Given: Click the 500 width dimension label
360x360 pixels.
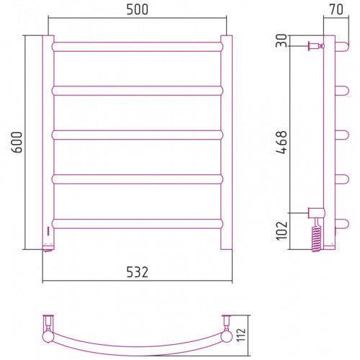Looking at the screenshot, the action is pos(138,9).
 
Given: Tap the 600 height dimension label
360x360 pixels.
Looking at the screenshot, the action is pos(17,142).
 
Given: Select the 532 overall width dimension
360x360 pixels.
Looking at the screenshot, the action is pos(138,272).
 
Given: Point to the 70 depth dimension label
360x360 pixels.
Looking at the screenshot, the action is pos(336,9).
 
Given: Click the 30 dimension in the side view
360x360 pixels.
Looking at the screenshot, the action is pos(282,40).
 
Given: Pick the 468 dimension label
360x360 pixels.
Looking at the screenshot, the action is pos(282,142).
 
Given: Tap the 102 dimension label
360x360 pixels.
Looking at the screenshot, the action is pos(282,230).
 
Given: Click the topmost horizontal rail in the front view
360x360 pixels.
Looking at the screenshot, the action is pos(138,47).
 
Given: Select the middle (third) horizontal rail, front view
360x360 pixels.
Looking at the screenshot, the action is pos(138,135).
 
